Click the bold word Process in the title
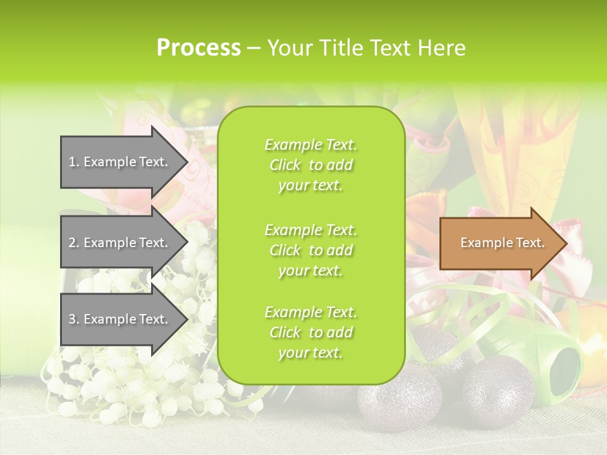[x=199, y=48]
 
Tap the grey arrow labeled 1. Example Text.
[x=120, y=162]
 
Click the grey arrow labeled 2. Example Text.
[x=120, y=243]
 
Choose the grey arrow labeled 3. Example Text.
[x=120, y=319]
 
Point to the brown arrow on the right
[x=500, y=243]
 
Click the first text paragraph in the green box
[x=310, y=165]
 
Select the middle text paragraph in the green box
[x=310, y=250]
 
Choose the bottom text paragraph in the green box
[x=310, y=332]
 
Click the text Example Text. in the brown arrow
[x=502, y=243]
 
